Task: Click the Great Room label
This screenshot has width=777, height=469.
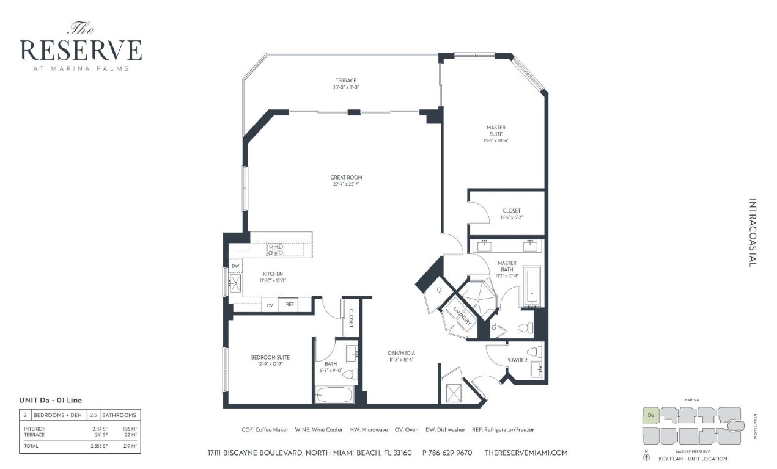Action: point(347,178)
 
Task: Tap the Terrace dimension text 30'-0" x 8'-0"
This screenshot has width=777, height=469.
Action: point(345,87)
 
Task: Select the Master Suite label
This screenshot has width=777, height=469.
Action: point(496,128)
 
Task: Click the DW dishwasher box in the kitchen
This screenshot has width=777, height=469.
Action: point(235,266)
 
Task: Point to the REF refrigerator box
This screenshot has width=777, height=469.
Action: point(290,304)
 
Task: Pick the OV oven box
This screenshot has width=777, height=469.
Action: point(270,304)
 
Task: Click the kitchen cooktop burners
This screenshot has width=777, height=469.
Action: point(274,249)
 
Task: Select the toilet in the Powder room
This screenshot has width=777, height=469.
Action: point(534,352)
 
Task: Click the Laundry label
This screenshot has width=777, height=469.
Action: point(462,316)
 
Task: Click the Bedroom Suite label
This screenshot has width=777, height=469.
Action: point(270,357)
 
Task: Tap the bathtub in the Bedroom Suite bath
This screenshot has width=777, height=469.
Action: point(334,394)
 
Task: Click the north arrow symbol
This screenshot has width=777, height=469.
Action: point(647,457)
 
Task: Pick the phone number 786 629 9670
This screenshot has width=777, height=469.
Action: point(447,453)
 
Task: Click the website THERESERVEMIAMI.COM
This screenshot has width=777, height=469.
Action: point(526,453)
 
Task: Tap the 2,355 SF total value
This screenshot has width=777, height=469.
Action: point(100,446)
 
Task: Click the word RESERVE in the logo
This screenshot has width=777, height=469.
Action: point(81,49)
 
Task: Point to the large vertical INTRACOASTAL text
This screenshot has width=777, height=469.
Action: point(752,232)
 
